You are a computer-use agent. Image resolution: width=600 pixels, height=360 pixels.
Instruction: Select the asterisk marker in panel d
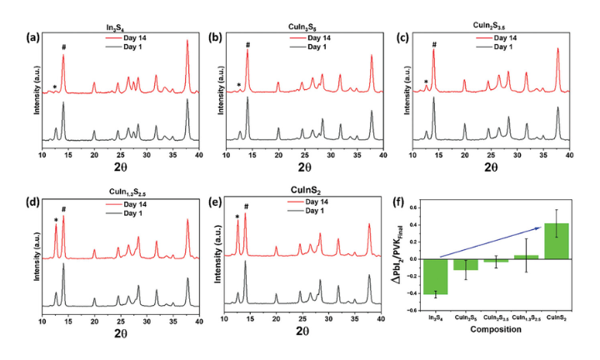(x=56, y=221)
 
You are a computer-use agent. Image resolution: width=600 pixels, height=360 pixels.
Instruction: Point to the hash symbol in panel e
(x=246, y=207)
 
